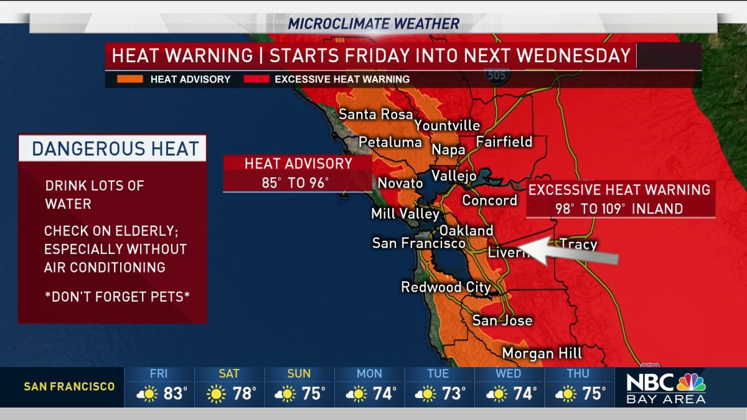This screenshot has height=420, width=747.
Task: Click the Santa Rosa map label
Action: pyautogui.click(x=375, y=114)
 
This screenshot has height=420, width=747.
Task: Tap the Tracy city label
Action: pyautogui.click(x=578, y=244)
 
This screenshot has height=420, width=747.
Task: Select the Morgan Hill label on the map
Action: pyautogui.click(x=542, y=353)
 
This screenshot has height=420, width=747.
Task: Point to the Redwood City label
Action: pyautogui.click(x=445, y=287)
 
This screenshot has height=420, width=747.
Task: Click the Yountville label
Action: pyautogui.click(x=447, y=126)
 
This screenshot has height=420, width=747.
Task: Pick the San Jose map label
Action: pyautogui.click(x=502, y=320)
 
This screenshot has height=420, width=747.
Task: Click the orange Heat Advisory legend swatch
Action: pyautogui.click(x=129, y=80)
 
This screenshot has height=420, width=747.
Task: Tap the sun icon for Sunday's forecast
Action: pyautogui.click(x=288, y=394)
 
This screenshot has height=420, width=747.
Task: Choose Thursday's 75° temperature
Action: pyautogui.click(x=594, y=394)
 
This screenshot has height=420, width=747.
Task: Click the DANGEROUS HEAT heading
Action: pyautogui.click(x=115, y=149)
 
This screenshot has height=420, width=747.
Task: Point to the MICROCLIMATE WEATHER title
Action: pyautogui.click(x=374, y=24)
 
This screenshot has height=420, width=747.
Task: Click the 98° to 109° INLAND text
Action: pyautogui.click(x=619, y=209)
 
